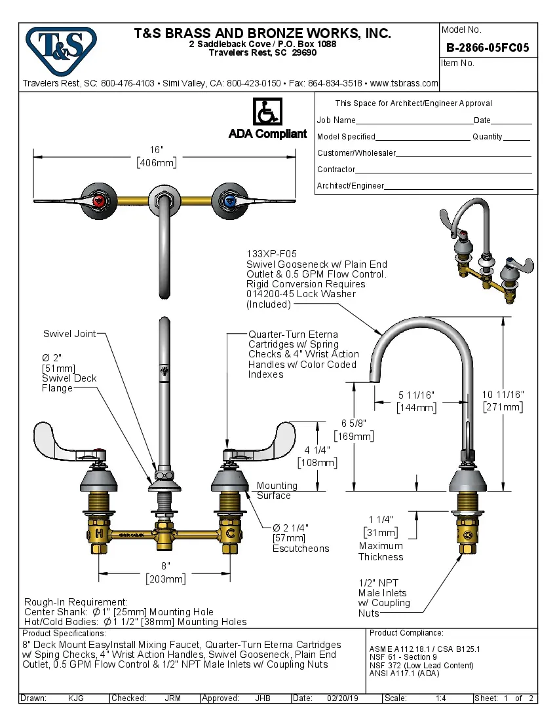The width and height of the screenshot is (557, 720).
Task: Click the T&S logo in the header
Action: click(61, 48)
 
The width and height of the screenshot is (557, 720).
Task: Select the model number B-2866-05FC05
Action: click(488, 47)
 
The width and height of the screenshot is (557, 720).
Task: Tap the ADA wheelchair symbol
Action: click(267, 113)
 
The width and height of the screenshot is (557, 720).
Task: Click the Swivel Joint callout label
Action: click(69, 334)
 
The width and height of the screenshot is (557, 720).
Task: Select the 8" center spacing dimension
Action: click(166, 566)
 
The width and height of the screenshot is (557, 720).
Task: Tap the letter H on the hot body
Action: click(98, 534)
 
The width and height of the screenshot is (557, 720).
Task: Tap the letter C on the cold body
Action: click(231, 534)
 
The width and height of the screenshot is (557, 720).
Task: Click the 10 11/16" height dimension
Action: click(503, 394)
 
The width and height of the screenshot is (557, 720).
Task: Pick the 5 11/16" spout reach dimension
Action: click(417, 395)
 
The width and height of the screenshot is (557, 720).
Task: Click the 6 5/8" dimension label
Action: click(353, 423)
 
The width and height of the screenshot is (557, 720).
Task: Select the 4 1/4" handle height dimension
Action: click(317, 450)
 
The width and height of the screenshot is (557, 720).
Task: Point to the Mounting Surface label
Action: click(276, 490)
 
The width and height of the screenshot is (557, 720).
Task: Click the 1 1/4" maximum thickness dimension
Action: click(380, 519)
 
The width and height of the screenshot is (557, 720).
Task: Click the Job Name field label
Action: click(336, 120)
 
